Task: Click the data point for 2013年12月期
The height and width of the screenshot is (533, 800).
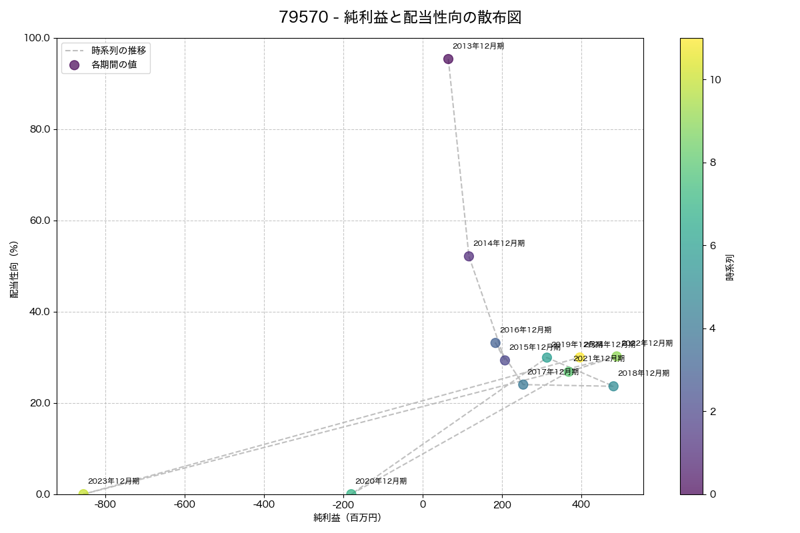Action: pyautogui.click(x=448, y=59)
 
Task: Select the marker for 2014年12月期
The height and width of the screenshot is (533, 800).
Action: pyautogui.click(x=469, y=257)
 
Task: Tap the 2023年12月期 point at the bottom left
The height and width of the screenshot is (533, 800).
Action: pyautogui.click(x=83, y=494)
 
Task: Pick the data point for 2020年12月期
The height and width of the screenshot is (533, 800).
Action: pyautogui.click(x=351, y=494)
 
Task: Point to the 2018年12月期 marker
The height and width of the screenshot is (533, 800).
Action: pyautogui.click(x=613, y=386)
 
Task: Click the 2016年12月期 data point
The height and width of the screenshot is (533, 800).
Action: pyautogui.click(x=495, y=343)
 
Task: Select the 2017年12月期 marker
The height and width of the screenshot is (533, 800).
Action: pyautogui.click(x=523, y=384)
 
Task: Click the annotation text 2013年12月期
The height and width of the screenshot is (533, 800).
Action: pyautogui.click(x=478, y=47)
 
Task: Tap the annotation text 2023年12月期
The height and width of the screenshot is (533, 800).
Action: pyautogui.click(x=113, y=481)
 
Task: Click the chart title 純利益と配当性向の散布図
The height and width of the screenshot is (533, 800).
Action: pyautogui.click(x=400, y=18)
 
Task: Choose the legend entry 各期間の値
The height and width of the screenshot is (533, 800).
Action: pyautogui.click(x=113, y=65)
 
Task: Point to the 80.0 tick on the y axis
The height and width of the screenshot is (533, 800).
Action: pyautogui.click(x=39, y=129)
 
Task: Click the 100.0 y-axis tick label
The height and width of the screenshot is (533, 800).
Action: pyautogui.click(x=37, y=38)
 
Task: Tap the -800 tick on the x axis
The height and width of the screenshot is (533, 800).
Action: pyautogui.click(x=105, y=504)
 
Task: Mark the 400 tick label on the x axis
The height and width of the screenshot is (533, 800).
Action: pyautogui.click(x=581, y=504)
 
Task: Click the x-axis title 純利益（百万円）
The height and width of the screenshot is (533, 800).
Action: pyautogui.click(x=347, y=518)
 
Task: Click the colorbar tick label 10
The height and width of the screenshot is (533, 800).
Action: pyautogui.click(x=715, y=80)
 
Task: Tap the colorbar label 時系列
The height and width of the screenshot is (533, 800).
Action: pyautogui.click(x=730, y=266)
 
